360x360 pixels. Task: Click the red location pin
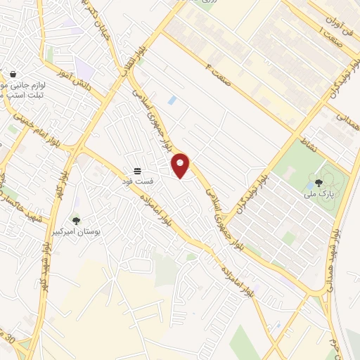point(181,166)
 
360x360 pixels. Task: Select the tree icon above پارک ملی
point(319,183)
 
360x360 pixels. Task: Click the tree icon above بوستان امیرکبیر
point(76,221)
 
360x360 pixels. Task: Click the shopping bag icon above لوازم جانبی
point(13,74)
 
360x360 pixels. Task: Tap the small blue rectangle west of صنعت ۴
point(172,101)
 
